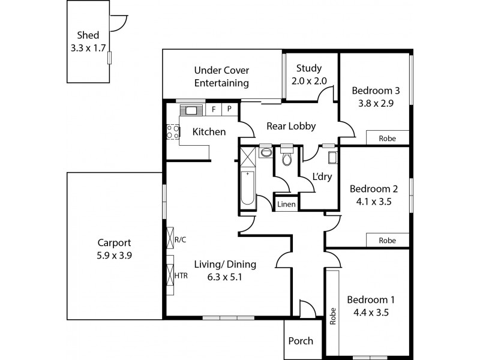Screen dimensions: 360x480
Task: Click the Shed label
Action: (x=88, y=35)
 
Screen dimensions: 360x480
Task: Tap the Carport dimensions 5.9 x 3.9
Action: (x=114, y=255)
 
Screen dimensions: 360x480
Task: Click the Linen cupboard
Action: (x=286, y=205)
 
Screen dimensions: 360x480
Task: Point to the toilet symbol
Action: (x=286, y=158)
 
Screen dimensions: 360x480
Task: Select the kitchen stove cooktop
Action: (x=172, y=131)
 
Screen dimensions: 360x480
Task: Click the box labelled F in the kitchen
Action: (x=214, y=110)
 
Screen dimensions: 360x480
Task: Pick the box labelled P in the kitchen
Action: (x=229, y=110)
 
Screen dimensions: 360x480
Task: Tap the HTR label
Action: (x=181, y=275)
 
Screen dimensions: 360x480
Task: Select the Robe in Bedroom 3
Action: (x=387, y=138)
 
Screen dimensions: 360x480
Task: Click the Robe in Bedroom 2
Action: (x=387, y=240)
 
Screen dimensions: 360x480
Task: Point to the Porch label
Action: (x=301, y=341)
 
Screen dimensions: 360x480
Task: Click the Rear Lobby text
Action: (x=291, y=126)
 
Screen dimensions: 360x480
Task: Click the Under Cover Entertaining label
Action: (x=221, y=76)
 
